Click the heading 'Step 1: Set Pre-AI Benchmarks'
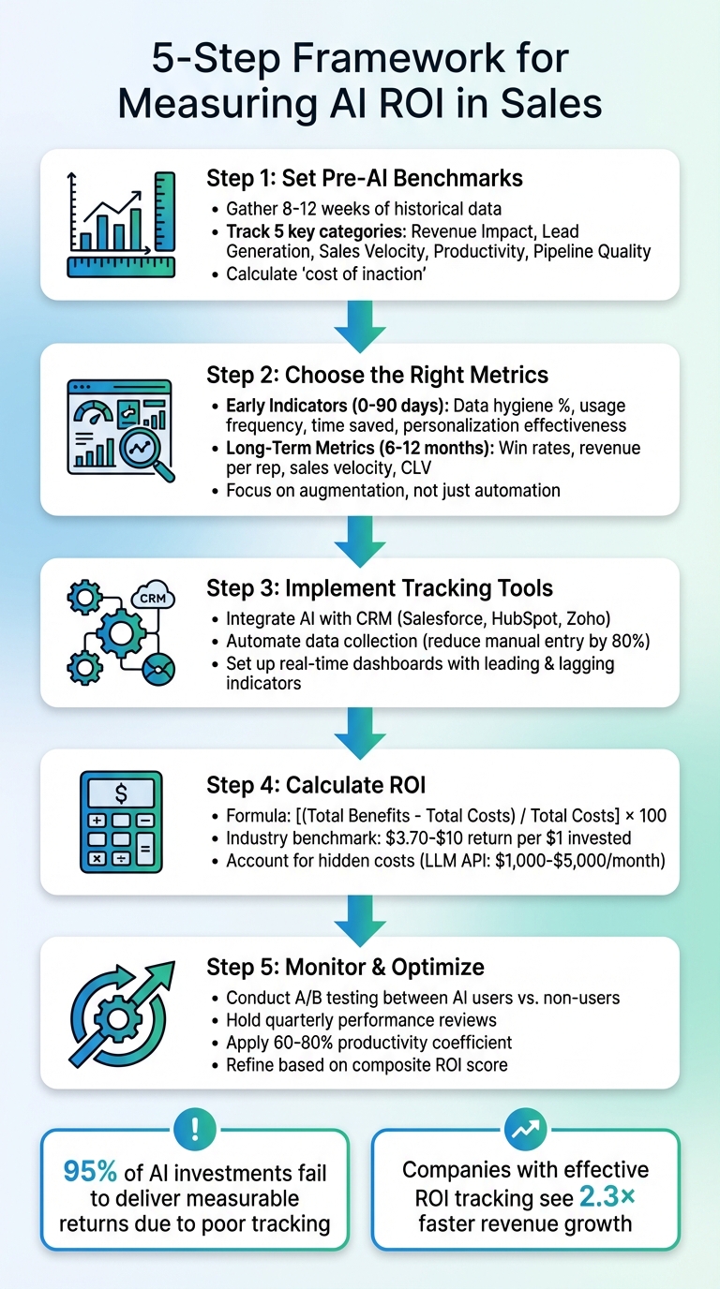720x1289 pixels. point(364,178)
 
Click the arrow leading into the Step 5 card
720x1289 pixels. point(359,914)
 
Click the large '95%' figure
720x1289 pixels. point(90,1171)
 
